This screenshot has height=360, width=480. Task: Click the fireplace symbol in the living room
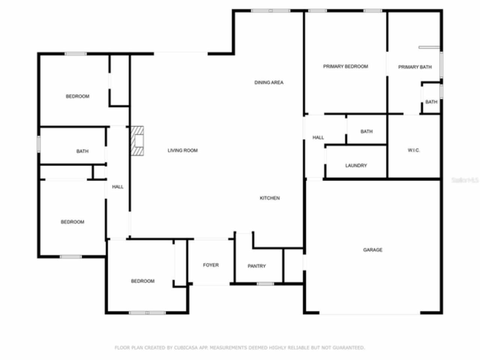coord(137,141)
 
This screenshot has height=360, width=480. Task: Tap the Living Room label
coord(182,150)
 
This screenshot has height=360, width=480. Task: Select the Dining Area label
coord(269,82)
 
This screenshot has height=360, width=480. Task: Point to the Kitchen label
coord(270,198)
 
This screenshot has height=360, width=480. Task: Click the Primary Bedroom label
coord(345,66)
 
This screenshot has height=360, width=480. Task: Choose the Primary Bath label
coord(415,67)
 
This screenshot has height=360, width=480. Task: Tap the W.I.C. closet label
coord(414,150)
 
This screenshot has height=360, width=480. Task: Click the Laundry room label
coord(356,165)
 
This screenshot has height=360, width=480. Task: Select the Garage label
coord(373,250)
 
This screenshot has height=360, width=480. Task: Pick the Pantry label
coord(256,266)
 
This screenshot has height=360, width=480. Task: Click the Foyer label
coord(211,265)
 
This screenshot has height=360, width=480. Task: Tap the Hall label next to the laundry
coord(318,138)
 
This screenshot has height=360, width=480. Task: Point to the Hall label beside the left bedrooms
coord(118,187)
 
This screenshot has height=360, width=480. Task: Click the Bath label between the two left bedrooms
coord(82,151)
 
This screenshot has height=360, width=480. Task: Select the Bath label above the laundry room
coord(366,132)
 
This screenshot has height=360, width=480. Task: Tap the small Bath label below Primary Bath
coord(431,102)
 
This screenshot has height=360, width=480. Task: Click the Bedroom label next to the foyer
coord(142,281)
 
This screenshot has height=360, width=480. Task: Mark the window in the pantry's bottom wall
coord(265,284)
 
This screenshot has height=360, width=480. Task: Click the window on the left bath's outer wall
coord(39,144)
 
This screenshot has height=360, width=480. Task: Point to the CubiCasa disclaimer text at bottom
coord(240,348)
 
